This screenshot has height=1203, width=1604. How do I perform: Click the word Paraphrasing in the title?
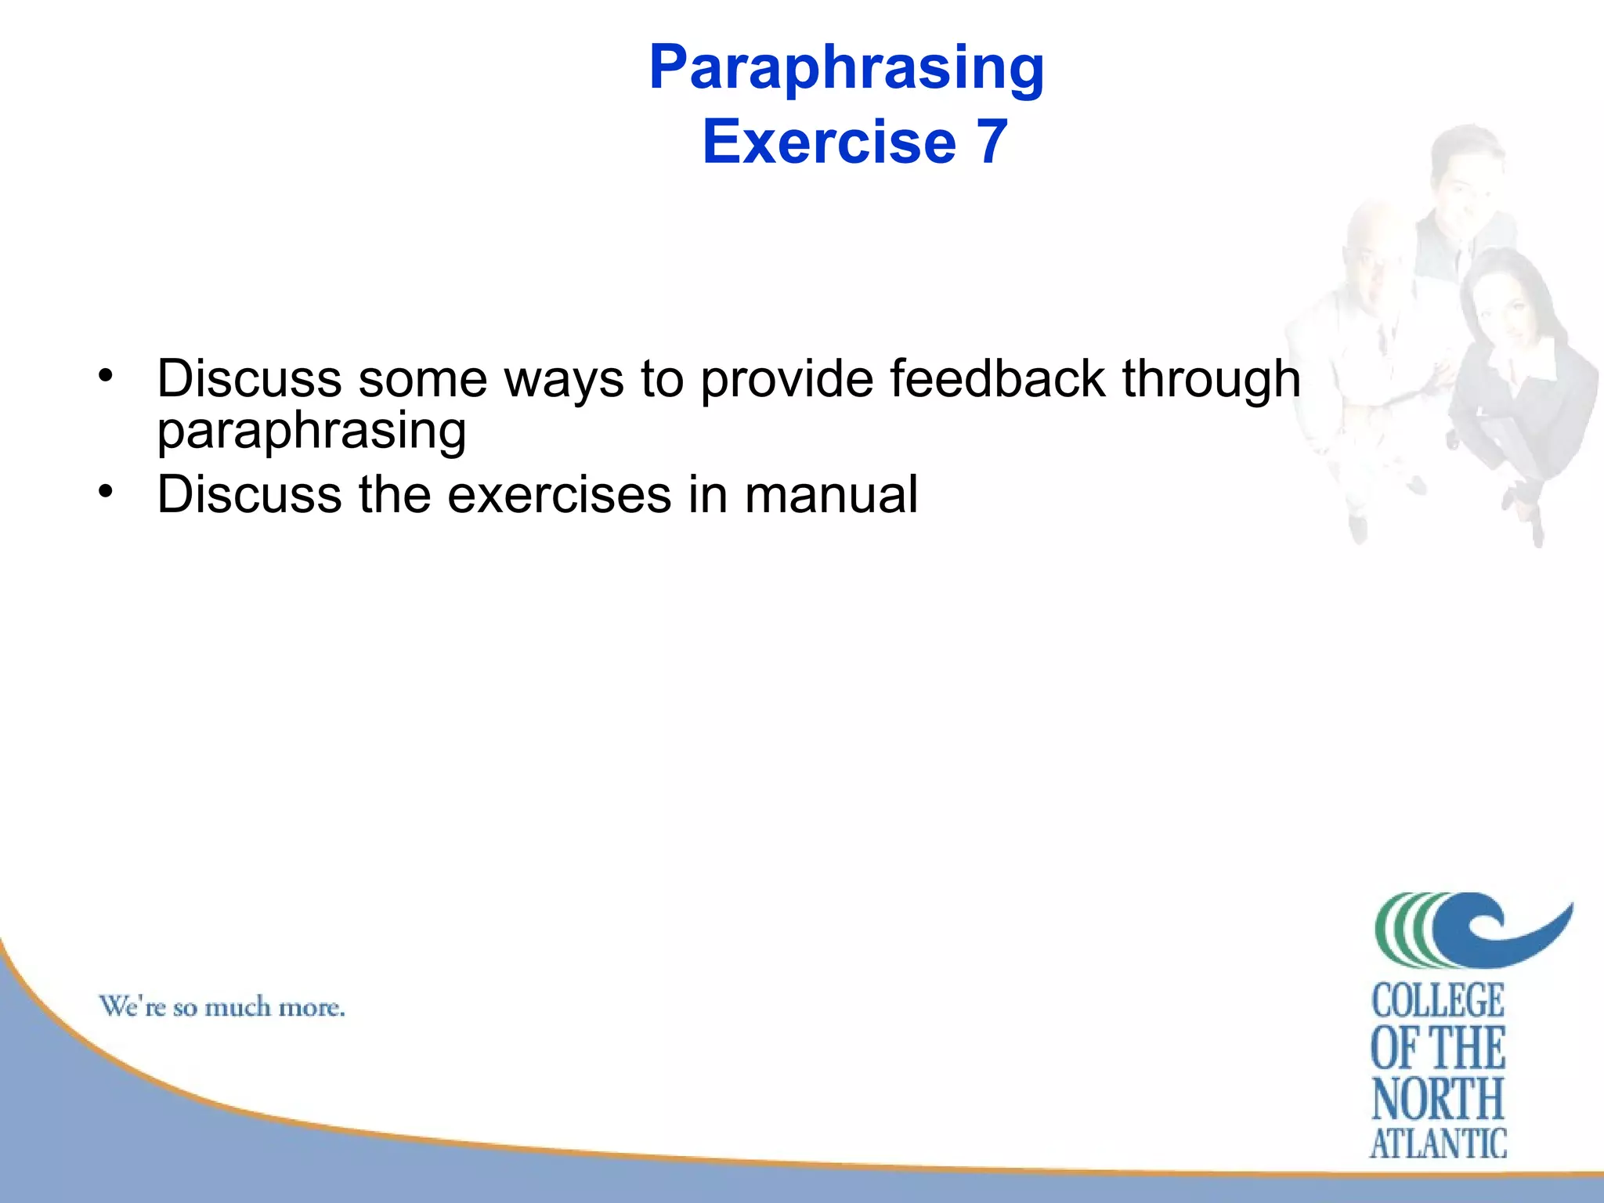point(847,69)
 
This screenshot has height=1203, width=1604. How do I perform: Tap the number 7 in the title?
point(992,142)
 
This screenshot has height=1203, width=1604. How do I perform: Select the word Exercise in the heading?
point(829,142)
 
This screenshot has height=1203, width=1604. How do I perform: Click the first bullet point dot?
point(106,375)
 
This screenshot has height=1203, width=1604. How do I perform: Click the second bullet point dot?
point(106,491)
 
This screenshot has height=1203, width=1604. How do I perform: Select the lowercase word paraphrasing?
point(311,431)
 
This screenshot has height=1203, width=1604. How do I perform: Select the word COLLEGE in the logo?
point(1438,1001)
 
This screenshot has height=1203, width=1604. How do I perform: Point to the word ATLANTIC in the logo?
point(1438,1143)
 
